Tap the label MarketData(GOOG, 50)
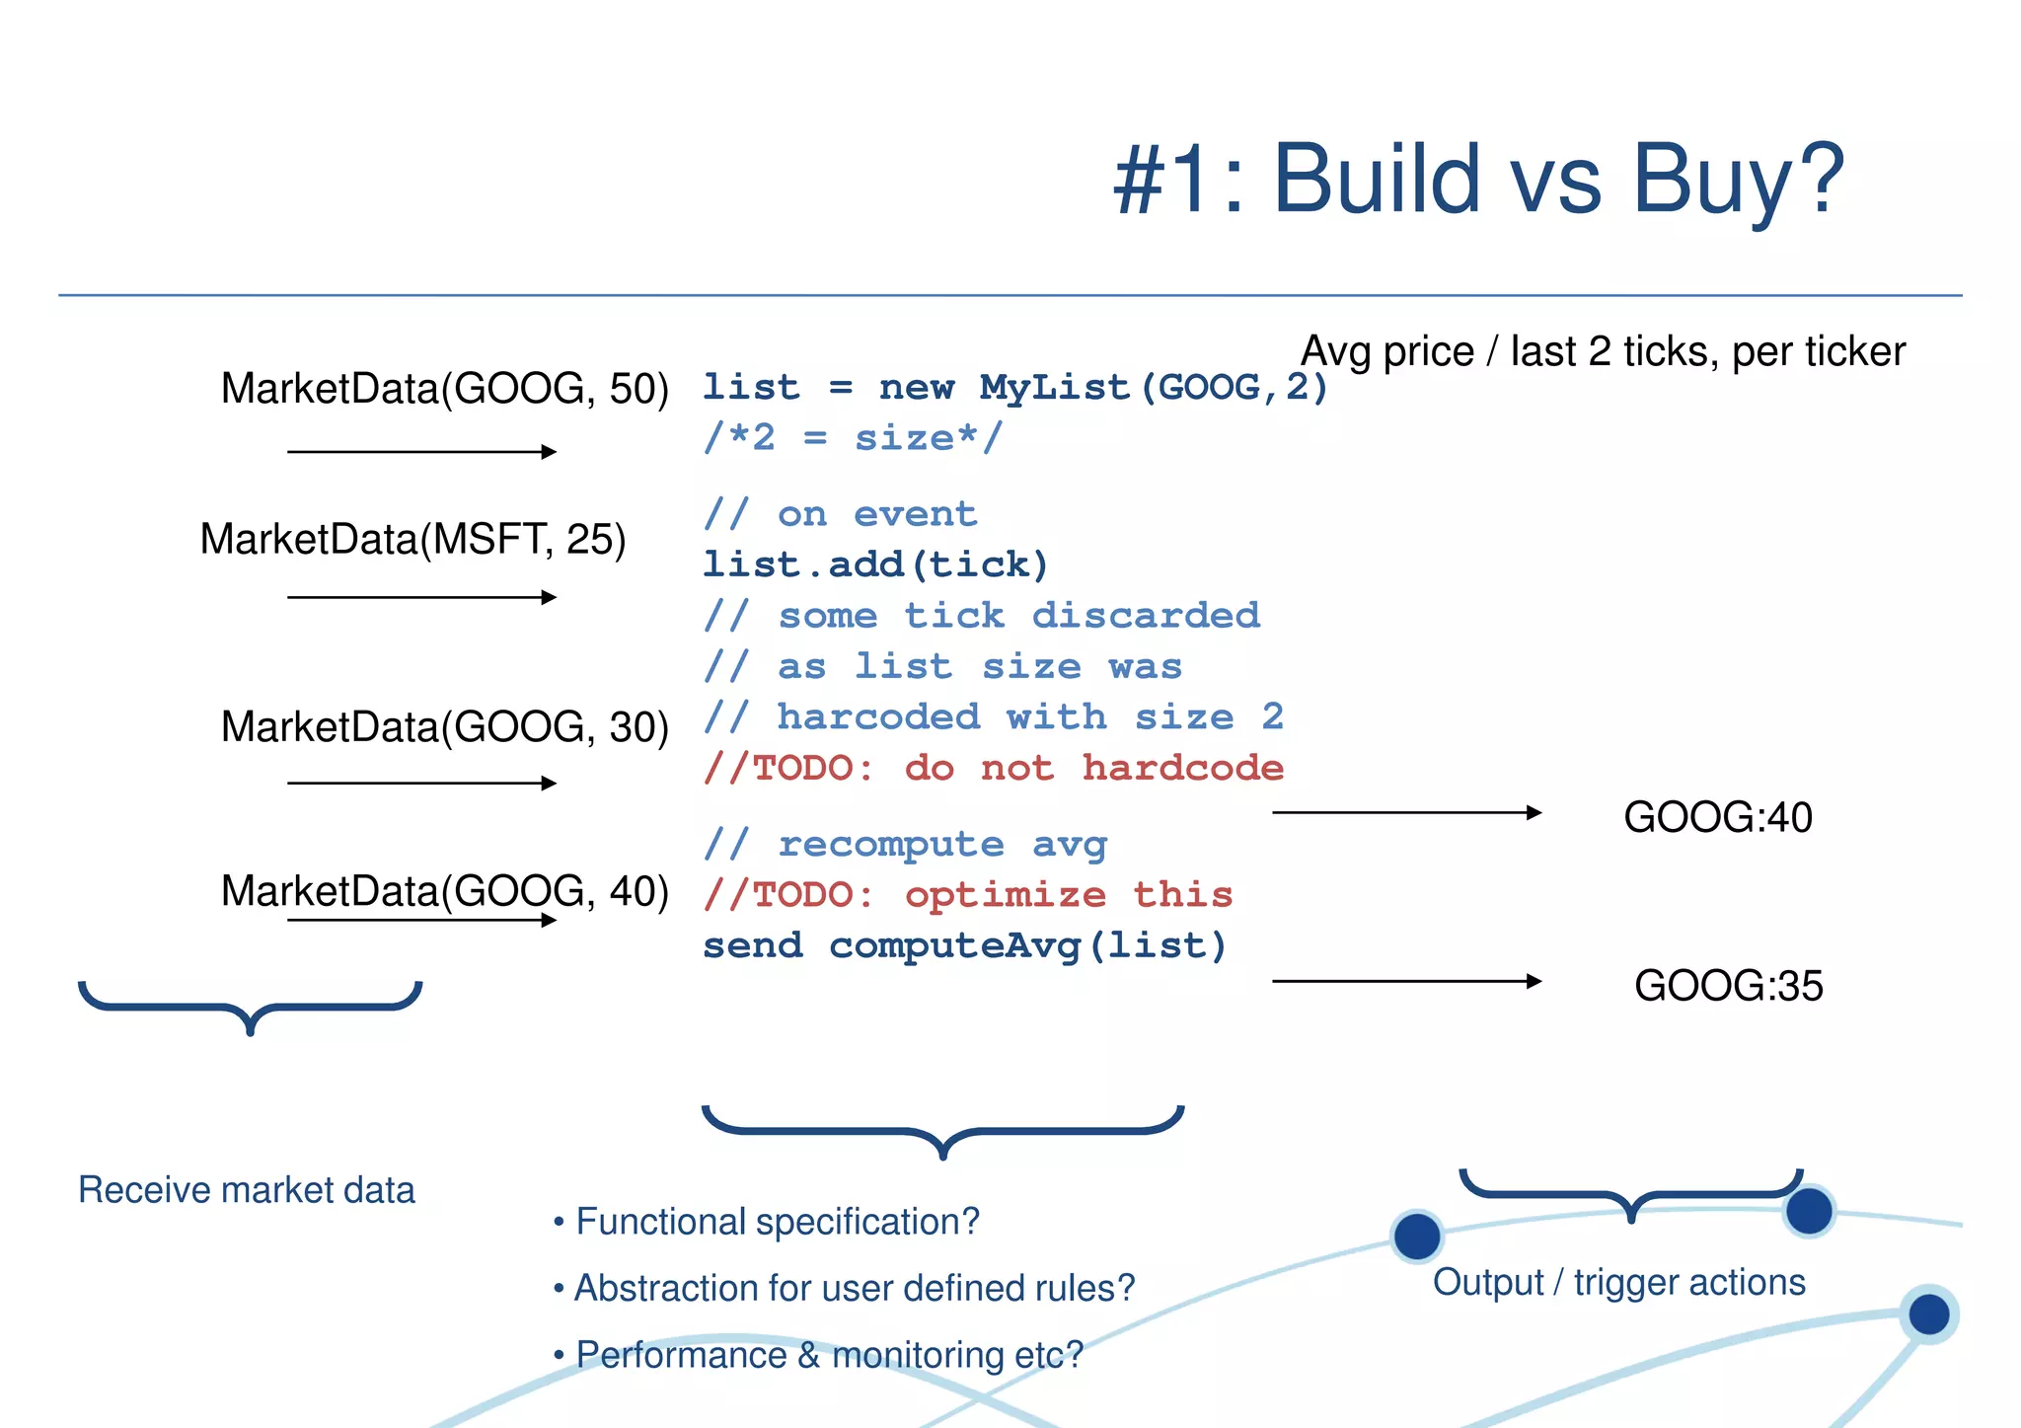444,389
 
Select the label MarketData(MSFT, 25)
412,540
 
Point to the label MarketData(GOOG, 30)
444,727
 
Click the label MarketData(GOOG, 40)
444,891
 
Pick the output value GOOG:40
1717,818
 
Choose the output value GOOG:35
1728,986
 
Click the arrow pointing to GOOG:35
1406,981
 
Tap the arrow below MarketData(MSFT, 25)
421,597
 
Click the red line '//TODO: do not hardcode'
993,768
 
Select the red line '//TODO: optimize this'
967,895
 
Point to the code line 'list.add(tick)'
874,564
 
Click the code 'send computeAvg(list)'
964,945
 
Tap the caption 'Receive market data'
246,1190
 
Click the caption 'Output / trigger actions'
1618,1282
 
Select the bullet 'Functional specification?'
777,1222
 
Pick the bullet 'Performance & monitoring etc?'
829,1355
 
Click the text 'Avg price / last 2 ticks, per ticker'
1603,352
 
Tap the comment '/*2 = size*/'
853,437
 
